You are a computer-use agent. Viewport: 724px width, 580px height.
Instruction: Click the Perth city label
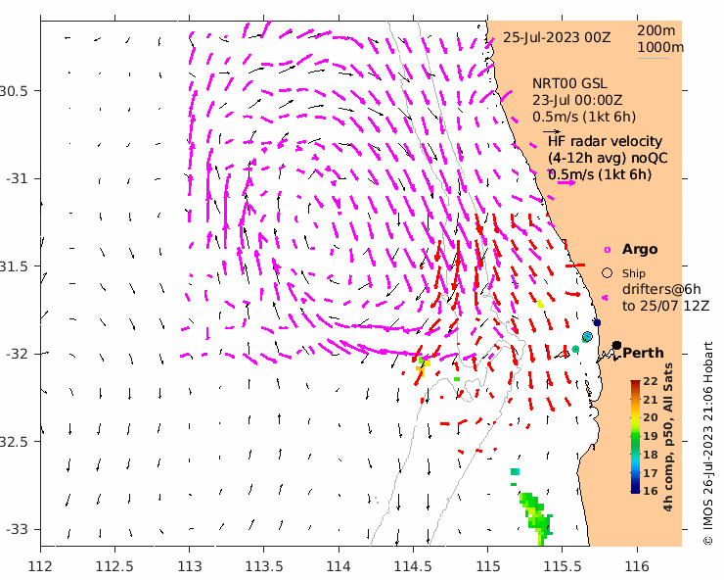(643, 353)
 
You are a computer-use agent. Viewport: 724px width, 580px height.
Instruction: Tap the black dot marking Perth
(617, 345)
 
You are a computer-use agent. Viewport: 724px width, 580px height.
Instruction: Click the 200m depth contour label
(655, 30)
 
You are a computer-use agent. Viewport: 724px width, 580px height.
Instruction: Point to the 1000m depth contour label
(660, 47)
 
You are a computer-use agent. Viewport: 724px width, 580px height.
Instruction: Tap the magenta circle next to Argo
(608, 250)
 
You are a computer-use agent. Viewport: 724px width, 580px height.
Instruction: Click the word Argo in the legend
(640, 250)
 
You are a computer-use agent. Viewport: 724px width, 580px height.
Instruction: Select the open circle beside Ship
(608, 272)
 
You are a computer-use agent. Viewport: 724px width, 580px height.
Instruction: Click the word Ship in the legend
(635, 273)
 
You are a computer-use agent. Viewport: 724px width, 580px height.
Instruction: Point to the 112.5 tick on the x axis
(114, 565)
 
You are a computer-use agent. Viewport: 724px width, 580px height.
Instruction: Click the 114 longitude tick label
(339, 565)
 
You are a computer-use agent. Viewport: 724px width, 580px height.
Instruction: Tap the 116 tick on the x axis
(637, 565)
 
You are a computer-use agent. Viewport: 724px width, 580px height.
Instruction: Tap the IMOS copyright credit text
(708, 443)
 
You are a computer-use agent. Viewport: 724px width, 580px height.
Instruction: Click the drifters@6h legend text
(661, 289)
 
